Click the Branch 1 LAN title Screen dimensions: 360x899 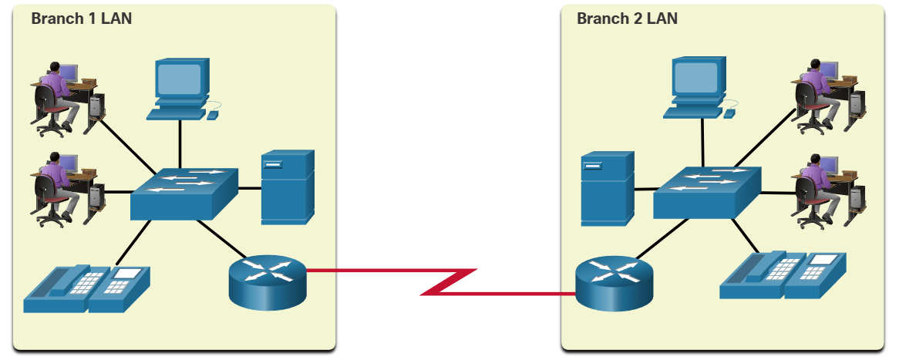82,19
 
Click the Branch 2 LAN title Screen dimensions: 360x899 627,19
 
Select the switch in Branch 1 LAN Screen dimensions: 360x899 184,192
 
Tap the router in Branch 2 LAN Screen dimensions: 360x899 614,283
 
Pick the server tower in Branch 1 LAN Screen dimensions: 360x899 288,187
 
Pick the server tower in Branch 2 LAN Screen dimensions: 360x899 608,187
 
